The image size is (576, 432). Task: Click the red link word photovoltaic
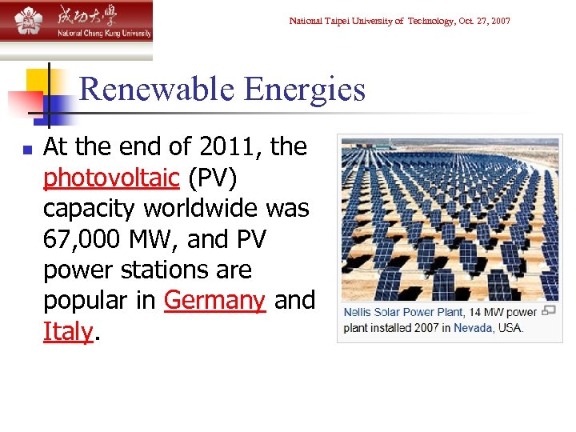pyautogui.click(x=111, y=178)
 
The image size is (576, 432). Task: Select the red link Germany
pyautogui.click(x=214, y=301)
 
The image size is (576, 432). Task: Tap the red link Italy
pyautogui.click(x=68, y=331)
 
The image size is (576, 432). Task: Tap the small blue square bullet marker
pyautogui.click(x=26, y=149)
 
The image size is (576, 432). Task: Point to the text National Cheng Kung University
pyautogui.click(x=103, y=33)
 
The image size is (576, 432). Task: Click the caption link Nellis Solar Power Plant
pyautogui.click(x=403, y=312)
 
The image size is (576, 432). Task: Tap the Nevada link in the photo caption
pyautogui.click(x=473, y=328)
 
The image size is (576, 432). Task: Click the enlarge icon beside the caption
pyautogui.click(x=549, y=311)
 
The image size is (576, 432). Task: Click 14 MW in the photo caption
pyautogui.click(x=487, y=312)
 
